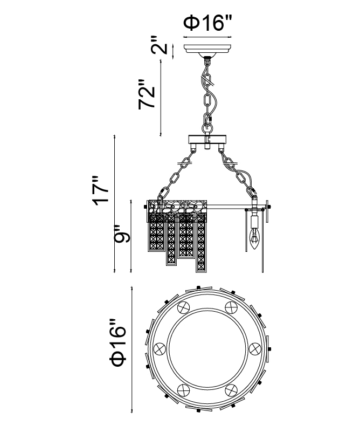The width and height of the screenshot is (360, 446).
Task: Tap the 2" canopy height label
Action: point(158,45)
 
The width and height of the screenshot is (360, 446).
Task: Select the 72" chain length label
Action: point(147,94)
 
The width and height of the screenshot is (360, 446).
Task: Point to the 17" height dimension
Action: point(100,190)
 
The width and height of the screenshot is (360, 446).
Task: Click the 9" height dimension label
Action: point(122,234)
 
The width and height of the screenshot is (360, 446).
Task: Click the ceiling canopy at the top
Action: point(207,50)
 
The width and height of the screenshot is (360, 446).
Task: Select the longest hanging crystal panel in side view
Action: point(201,243)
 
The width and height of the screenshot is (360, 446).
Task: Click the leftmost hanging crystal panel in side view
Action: point(156,232)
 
